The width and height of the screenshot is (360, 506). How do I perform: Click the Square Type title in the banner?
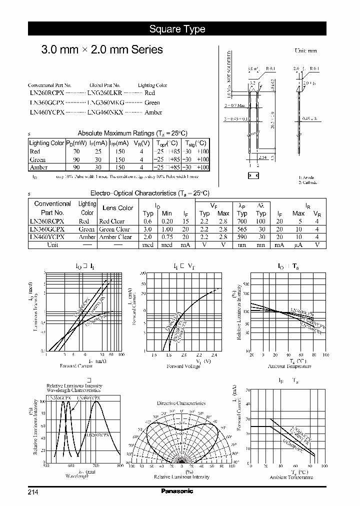(177, 29)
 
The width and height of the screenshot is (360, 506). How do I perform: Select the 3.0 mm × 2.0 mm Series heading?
(101, 49)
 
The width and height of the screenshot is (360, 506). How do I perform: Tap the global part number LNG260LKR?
(105, 93)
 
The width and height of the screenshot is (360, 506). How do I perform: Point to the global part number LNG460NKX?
(105, 112)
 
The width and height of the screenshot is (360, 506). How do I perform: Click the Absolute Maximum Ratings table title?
(132, 133)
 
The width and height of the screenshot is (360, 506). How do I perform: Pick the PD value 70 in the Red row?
(76, 151)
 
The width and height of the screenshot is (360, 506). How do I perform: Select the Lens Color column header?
(117, 208)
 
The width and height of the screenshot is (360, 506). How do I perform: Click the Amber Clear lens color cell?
(115, 237)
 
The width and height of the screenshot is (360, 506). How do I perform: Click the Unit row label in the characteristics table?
(52, 245)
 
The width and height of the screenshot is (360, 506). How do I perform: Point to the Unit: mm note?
(305, 50)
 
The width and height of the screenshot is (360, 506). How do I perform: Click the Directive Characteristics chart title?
(181, 403)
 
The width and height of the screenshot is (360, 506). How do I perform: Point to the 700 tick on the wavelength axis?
(95, 465)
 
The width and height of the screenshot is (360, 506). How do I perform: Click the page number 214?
(33, 492)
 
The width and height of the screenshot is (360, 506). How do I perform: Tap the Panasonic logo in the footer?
(177, 491)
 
